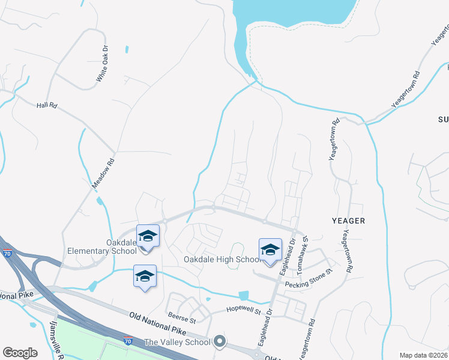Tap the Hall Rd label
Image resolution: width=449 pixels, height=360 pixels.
point(46,105)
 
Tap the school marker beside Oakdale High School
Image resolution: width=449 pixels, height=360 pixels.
point(270,249)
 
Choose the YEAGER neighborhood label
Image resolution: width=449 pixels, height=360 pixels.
point(348,221)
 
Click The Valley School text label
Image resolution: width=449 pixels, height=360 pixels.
point(177,343)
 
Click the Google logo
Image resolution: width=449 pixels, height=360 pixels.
point(20,353)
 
